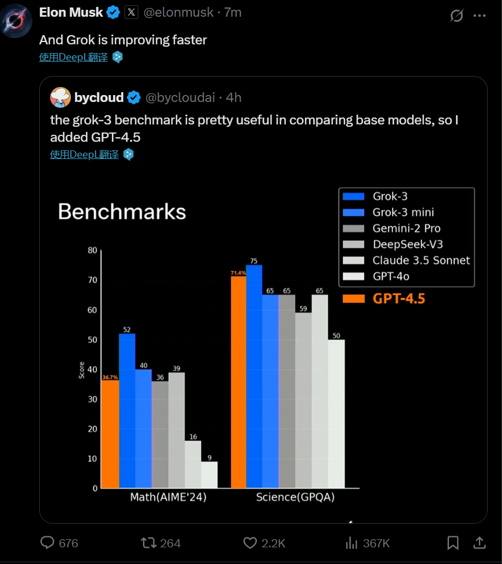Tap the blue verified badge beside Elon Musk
click(x=113, y=13)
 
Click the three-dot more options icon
click(x=480, y=16)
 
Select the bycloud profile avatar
click(x=61, y=97)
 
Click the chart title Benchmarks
click(x=122, y=212)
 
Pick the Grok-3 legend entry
click(x=390, y=196)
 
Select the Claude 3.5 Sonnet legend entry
click(x=421, y=260)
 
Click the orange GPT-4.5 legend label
click(x=398, y=298)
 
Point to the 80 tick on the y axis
click(x=92, y=250)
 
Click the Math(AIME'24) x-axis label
click(x=168, y=497)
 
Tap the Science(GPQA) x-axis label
click(x=295, y=497)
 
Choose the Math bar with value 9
click(x=209, y=475)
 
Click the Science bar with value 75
click(x=254, y=377)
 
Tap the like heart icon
click(x=250, y=543)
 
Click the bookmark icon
click(x=453, y=543)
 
